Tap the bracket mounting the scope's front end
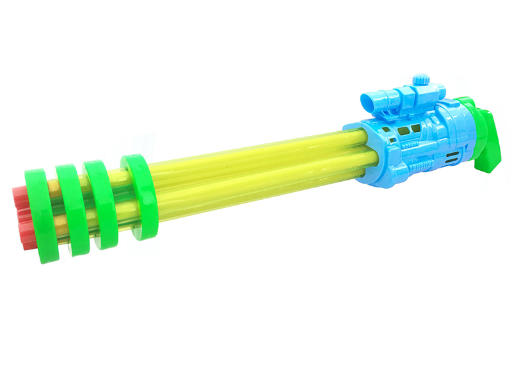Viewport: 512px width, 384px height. point(383,113)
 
